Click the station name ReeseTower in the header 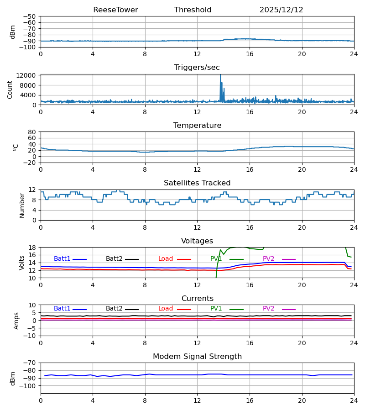[x=115, y=10]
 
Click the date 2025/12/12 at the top [x=281, y=10]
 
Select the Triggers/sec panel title [x=197, y=68]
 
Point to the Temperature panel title [x=197, y=126]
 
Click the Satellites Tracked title [x=197, y=183]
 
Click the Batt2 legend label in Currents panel [x=114, y=309]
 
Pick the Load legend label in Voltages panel [x=166, y=259]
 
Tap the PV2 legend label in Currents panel [x=268, y=309]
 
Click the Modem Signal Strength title [x=197, y=357]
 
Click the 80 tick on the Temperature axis [x=32, y=132]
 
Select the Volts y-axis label [x=22, y=263]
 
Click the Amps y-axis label [x=17, y=321]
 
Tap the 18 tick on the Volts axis [x=32, y=248]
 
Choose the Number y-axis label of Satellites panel [x=22, y=205]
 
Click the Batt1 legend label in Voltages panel [x=62, y=259]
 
